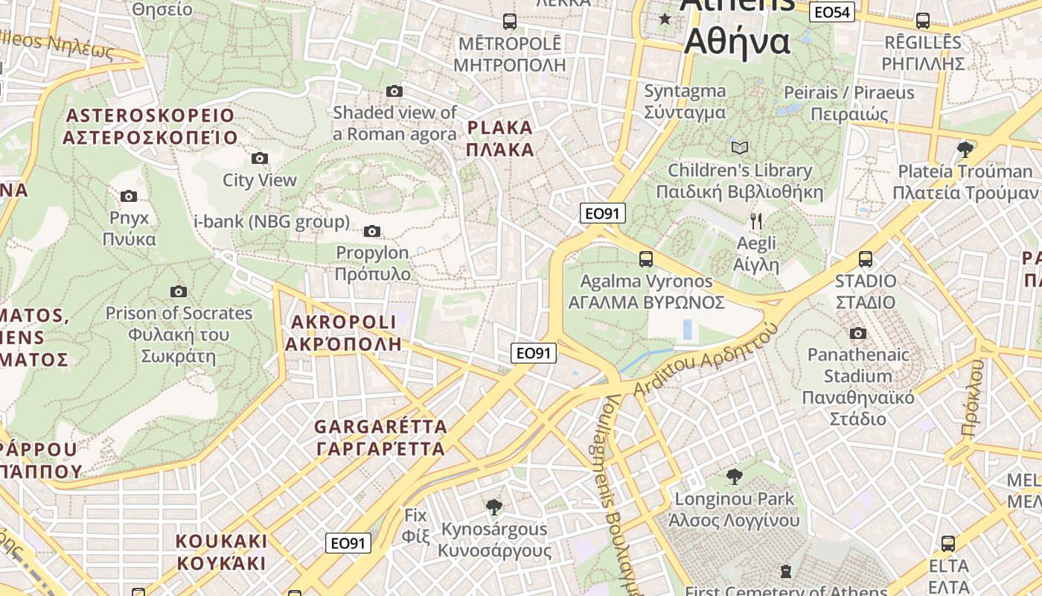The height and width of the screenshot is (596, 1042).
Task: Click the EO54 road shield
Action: tap(832, 12)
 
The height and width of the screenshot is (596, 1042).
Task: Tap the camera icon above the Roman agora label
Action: tap(394, 91)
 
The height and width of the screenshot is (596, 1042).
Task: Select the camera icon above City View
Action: tap(259, 158)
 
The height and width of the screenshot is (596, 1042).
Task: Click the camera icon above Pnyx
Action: tap(129, 196)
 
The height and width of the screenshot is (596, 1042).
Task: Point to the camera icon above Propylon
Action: tap(372, 231)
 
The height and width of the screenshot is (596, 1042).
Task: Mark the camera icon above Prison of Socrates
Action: tap(179, 291)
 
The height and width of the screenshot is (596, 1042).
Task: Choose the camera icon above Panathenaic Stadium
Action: tap(858, 333)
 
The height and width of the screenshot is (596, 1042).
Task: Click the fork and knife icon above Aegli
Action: tap(756, 221)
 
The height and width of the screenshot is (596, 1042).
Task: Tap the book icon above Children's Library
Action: tap(740, 148)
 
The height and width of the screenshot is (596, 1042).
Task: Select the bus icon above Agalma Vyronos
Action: tap(646, 259)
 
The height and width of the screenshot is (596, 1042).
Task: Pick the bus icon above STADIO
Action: tap(866, 259)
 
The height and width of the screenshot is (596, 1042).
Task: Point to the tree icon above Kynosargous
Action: tap(493, 507)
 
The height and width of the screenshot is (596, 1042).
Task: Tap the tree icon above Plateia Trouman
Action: tap(965, 149)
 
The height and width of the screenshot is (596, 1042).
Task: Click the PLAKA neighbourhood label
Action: tap(500, 138)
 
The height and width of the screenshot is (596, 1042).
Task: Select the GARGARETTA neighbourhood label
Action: tap(381, 438)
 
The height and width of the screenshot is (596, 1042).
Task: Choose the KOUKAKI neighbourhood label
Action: tap(221, 551)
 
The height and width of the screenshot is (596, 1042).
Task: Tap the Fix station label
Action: tap(415, 525)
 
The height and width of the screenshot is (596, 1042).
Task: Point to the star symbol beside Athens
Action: tap(665, 19)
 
